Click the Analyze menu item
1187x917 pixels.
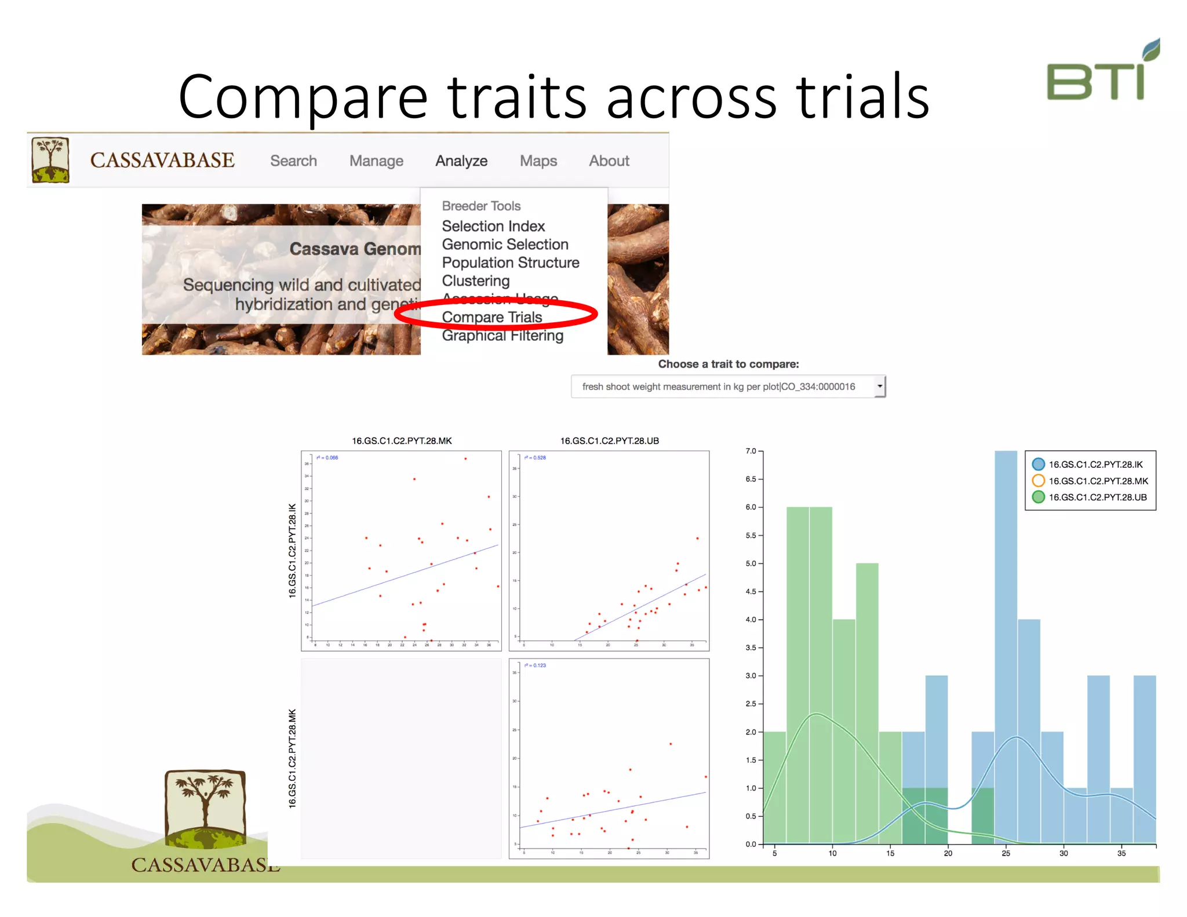[x=461, y=161]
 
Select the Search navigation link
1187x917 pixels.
[x=293, y=161]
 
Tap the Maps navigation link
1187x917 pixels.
[x=538, y=161]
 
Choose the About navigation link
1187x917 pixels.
[x=609, y=161]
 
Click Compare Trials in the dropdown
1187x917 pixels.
[x=491, y=317]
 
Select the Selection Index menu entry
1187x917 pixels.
[x=493, y=226]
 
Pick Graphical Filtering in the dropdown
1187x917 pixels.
[x=502, y=336]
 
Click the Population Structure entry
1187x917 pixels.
[x=510, y=263]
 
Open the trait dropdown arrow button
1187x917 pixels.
[x=879, y=386]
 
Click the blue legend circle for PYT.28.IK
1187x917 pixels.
[x=1038, y=464]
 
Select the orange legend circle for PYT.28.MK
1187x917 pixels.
[x=1038, y=481]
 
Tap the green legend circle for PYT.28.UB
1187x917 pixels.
[x=1038, y=497]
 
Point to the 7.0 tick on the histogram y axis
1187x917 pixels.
[x=751, y=451]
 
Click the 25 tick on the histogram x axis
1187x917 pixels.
[x=1006, y=853]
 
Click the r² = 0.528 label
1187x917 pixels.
[x=535, y=458]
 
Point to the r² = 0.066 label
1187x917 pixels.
[x=327, y=458]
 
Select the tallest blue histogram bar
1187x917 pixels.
[x=1006, y=638]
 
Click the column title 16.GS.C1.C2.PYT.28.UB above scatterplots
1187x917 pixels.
[x=609, y=441]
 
